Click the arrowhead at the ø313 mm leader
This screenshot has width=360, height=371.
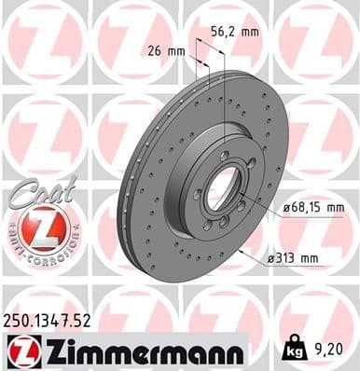point(241,253)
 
